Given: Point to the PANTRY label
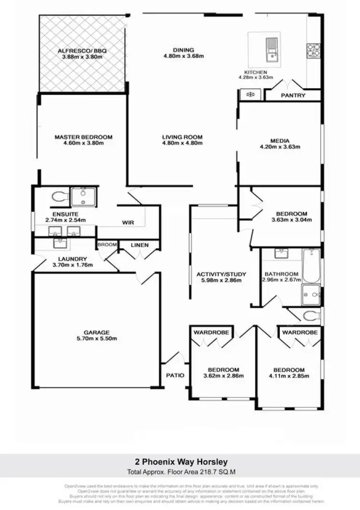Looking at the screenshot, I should (293, 96).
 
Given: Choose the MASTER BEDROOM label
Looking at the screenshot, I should (83, 136).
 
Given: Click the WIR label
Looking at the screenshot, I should (128, 222).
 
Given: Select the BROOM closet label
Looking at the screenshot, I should (107, 245).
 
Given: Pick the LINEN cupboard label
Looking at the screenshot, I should (140, 245).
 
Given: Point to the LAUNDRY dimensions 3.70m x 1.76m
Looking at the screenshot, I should (73, 265).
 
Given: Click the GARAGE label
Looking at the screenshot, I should (96, 332).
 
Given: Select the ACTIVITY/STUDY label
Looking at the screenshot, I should (221, 274).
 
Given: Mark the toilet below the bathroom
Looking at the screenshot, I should (312, 316).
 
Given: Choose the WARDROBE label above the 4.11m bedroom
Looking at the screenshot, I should (300, 332).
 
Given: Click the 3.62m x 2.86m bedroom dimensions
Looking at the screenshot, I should (223, 376).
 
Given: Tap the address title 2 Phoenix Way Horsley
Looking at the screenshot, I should (180, 462).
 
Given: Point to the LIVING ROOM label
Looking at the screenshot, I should (182, 137).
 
